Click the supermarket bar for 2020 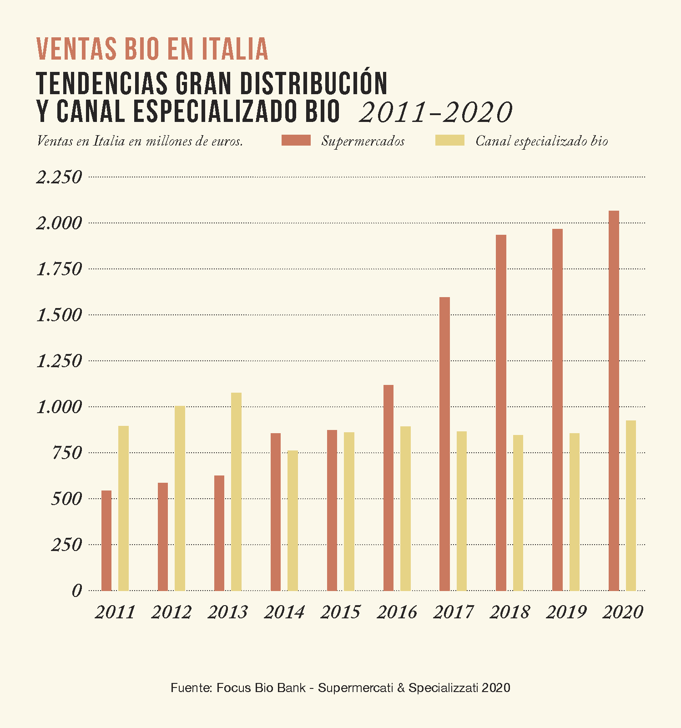point(614,401)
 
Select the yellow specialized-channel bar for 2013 point(236,492)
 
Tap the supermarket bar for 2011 point(106,541)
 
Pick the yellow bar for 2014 point(293,521)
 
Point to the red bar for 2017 point(444,444)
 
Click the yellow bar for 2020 point(631,506)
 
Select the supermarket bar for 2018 point(501,413)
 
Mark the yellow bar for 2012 point(180,498)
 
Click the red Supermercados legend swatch point(296,141)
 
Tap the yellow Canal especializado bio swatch point(450,141)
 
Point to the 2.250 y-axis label point(59,177)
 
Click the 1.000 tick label point(59,407)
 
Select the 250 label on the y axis point(66,545)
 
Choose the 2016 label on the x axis point(397,612)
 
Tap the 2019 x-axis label point(566,612)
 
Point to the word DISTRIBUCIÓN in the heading point(313,83)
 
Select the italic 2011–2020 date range point(435,112)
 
